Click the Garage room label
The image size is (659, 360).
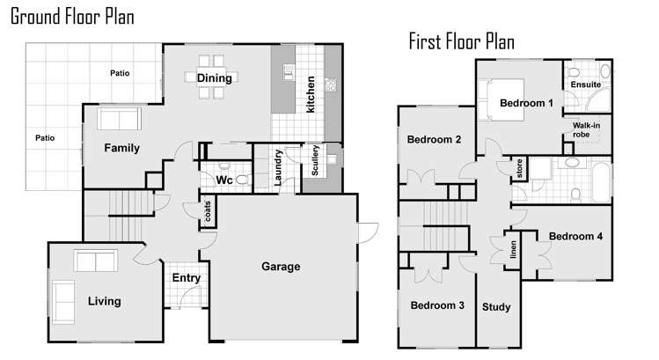click(x=281, y=267)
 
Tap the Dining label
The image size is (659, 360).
click(x=215, y=78)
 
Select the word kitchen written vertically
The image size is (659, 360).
click(x=311, y=94)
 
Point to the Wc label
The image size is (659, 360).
click(x=224, y=180)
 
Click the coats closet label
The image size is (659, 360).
click(x=208, y=211)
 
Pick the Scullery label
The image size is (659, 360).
click(x=315, y=160)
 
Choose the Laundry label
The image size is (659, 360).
click(x=277, y=168)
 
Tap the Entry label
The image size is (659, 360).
click(x=187, y=278)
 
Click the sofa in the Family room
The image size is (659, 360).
click(x=120, y=119)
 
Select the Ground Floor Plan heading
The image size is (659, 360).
click(x=72, y=17)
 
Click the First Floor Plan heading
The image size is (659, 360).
click(x=461, y=41)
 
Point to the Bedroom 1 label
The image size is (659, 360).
click(x=526, y=103)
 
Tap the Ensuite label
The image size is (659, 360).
click(x=585, y=84)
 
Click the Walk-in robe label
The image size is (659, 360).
click(x=586, y=130)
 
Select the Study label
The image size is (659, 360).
click(x=496, y=307)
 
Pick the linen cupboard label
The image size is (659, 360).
click(x=513, y=249)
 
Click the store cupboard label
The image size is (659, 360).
click(x=519, y=168)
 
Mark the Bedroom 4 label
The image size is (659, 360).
click(x=575, y=237)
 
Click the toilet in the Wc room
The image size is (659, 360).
click(x=241, y=180)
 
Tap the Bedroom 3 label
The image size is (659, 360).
click(x=437, y=305)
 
